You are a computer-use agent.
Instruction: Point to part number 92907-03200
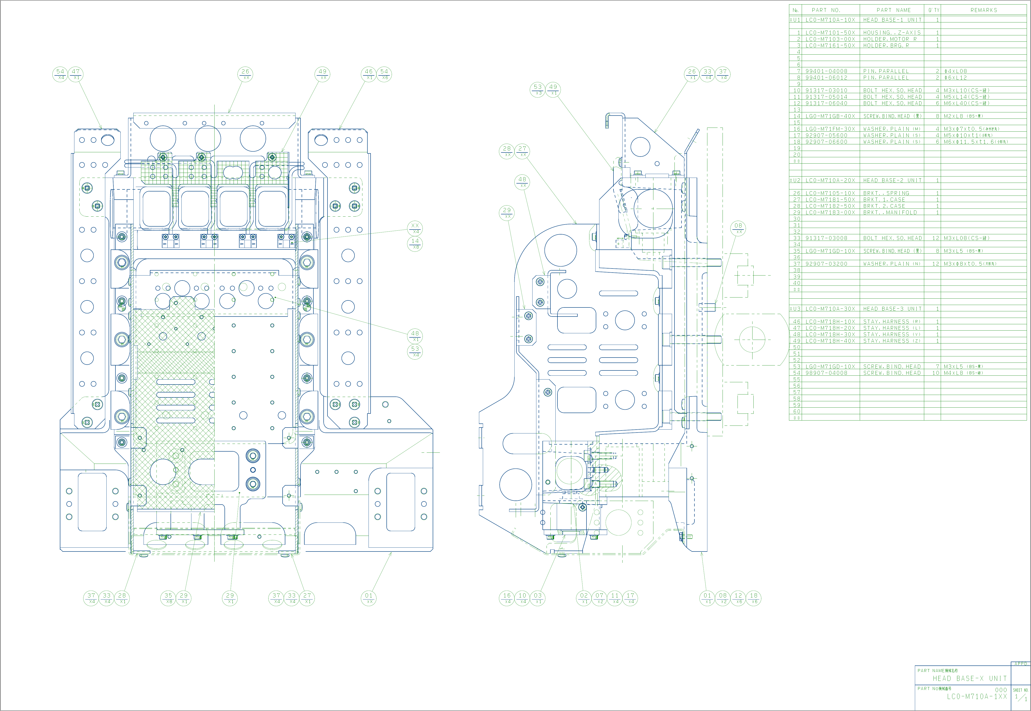pos(826,264)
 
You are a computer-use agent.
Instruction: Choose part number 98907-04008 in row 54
pos(826,373)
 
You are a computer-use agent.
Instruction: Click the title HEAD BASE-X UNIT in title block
pos(970,678)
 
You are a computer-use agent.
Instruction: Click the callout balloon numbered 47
pos(76,74)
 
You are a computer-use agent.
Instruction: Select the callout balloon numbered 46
pos(369,74)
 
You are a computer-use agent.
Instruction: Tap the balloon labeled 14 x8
pos(415,244)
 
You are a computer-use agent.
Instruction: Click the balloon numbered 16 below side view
pos(507,598)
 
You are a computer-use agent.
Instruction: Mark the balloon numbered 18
pos(754,598)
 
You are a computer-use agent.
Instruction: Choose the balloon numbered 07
pos(599,598)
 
